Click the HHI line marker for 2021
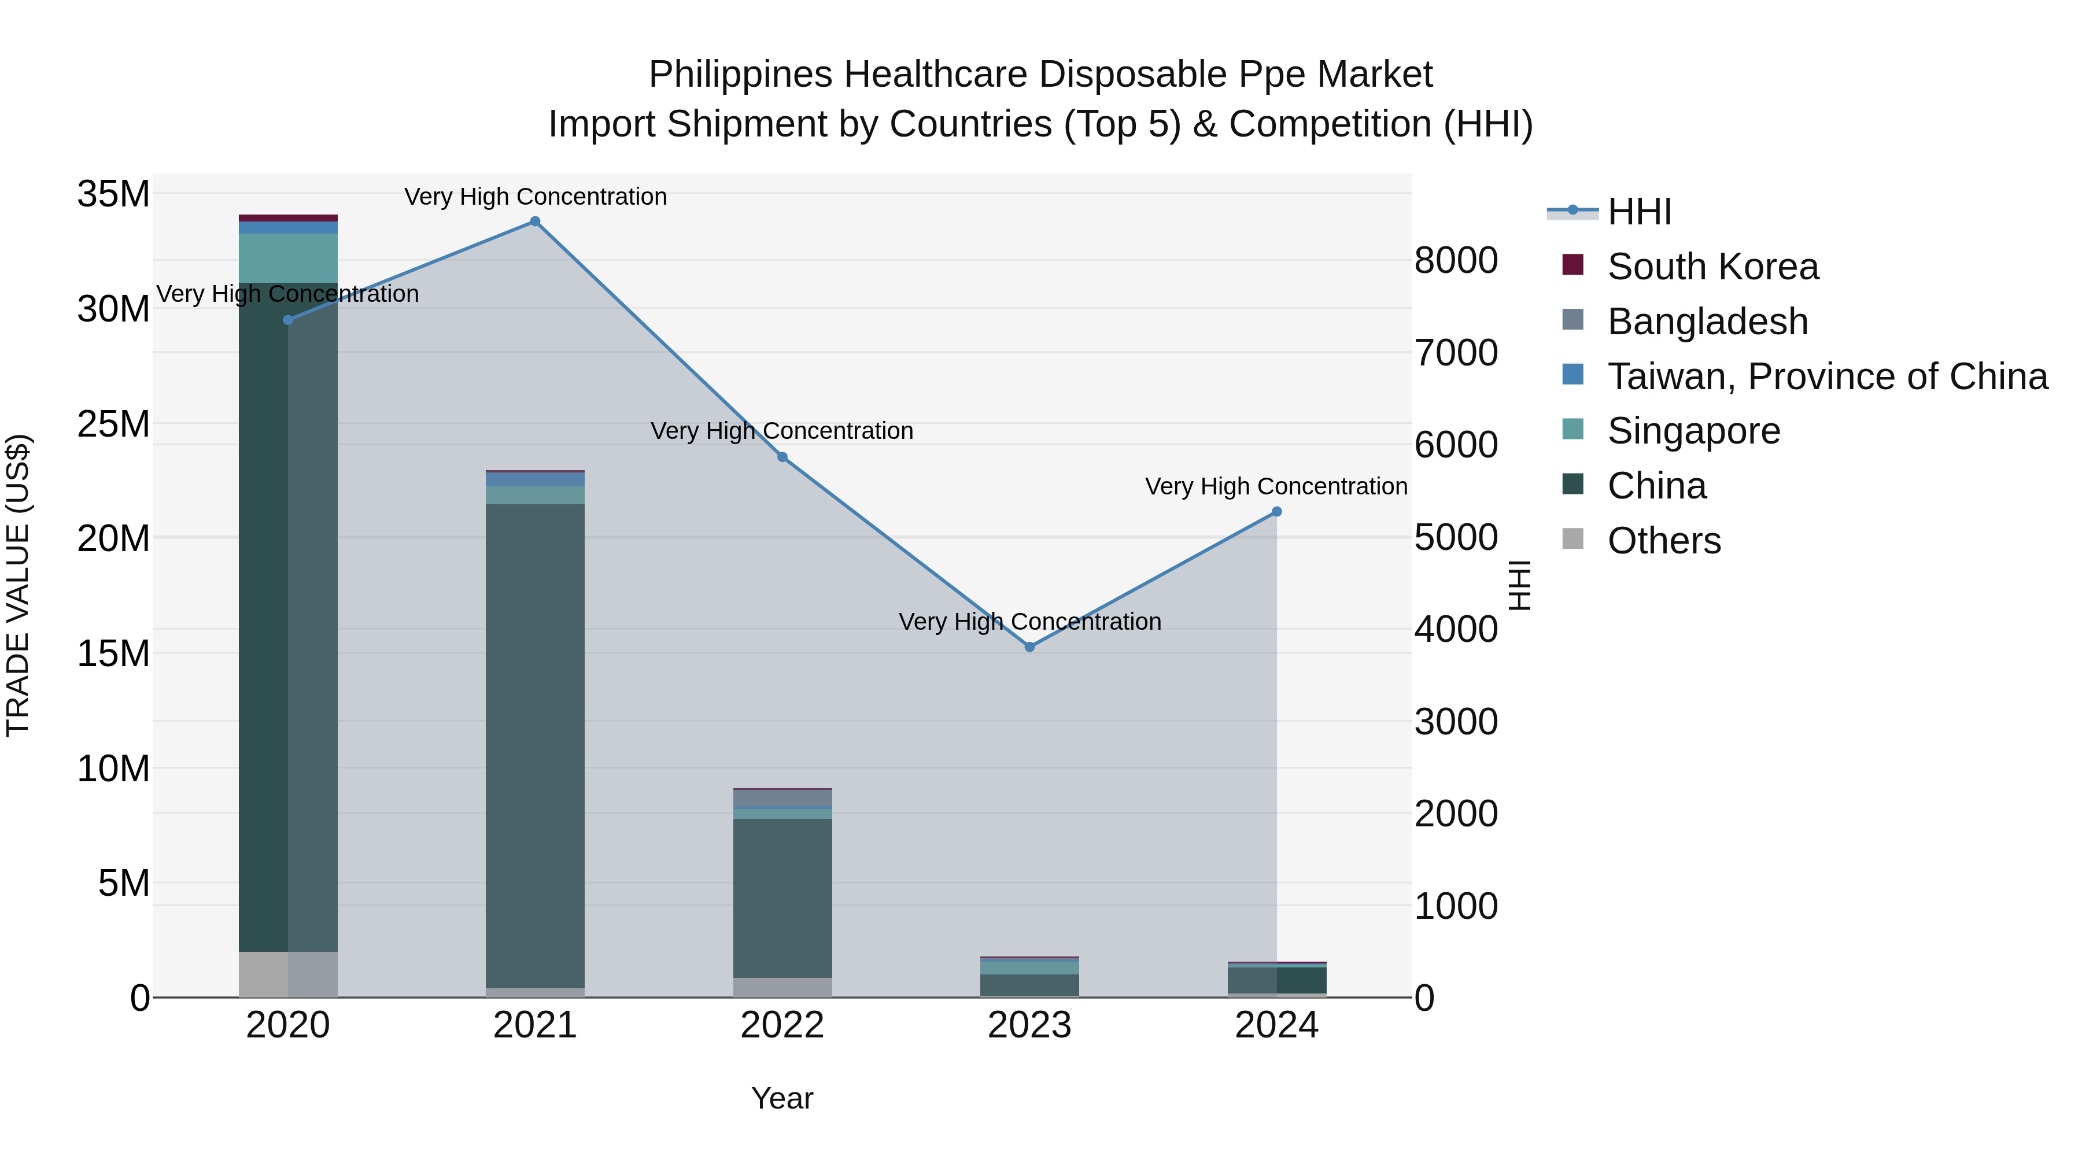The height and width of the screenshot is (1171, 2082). [x=535, y=221]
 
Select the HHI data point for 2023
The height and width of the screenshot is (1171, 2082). [x=1029, y=647]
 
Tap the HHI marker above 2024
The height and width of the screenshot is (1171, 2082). [x=1277, y=512]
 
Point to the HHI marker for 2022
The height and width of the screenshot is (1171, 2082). [x=782, y=457]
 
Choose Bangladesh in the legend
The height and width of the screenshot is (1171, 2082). [x=1707, y=322]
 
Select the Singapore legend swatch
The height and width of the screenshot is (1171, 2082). [x=1573, y=430]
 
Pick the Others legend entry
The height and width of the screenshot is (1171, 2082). [x=1664, y=541]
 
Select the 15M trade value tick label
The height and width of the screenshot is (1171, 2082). [x=113, y=653]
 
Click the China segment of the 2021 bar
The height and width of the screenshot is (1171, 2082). [x=535, y=744]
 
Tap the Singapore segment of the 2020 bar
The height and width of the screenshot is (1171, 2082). [x=288, y=258]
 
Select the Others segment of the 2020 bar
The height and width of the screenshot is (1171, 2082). [x=288, y=974]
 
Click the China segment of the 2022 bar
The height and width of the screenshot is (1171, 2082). [x=782, y=897]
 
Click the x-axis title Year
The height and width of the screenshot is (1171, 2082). [x=782, y=1098]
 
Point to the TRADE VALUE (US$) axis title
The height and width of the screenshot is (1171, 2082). [x=18, y=585]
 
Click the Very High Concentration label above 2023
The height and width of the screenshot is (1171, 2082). [x=1029, y=622]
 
